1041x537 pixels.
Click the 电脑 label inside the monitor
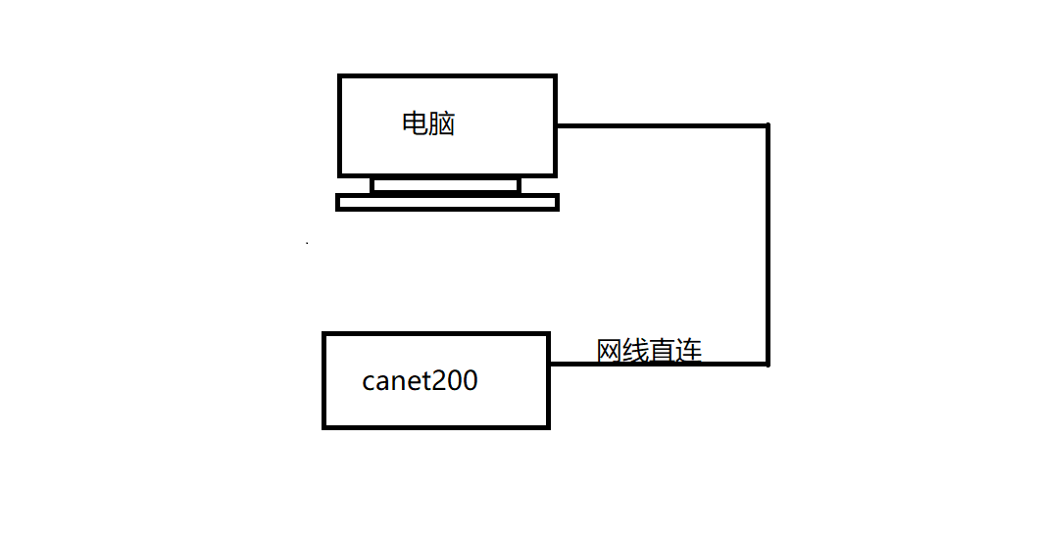[x=428, y=124]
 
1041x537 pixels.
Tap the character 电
[x=415, y=124]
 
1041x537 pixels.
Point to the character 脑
[x=442, y=124]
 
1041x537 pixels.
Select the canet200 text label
[x=420, y=380]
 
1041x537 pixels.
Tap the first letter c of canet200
[x=369, y=382]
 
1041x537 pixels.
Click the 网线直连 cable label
[x=649, y=350]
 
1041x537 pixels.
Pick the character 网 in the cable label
[x=610, y=350]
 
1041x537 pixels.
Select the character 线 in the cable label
[x=636, y=350]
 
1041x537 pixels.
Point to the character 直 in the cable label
[x=663, y=350]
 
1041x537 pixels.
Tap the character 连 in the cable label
[x=689, y=350]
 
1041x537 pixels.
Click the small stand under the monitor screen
[x=445, y=185]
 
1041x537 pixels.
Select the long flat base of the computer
[x=447, y=202]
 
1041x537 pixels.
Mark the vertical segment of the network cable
[x=768, y=245]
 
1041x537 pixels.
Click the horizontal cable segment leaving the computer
[x=662, y=125]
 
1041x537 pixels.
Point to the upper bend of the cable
[x=768, y=125]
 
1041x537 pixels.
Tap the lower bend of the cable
[x=768, y=364]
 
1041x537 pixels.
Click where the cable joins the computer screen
[x=557, y=125]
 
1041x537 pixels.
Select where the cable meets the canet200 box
[x=549, y=364]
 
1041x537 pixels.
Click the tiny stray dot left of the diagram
[x=307, y=242]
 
